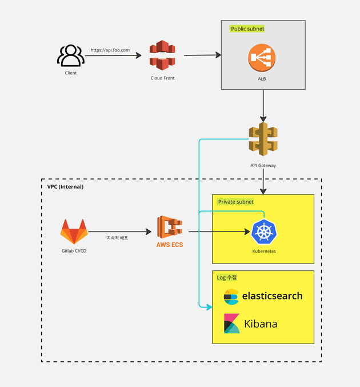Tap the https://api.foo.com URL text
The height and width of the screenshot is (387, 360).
pos(110,50)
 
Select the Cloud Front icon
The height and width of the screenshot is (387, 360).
pos(162,55)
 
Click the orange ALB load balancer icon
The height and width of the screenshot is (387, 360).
pos(262,59)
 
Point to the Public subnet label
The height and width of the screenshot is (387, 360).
pos(247,29)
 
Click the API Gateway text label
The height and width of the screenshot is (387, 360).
pos(263,166)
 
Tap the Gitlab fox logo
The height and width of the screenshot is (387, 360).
pos(74,231)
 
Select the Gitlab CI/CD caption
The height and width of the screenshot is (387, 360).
pos(74,251)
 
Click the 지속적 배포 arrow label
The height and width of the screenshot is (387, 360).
pos(117,237)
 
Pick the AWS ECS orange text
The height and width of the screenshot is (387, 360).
pos(170,245)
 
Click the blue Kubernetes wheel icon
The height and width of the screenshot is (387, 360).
pos(263,232)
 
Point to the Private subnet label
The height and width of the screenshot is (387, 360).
pos(235,202)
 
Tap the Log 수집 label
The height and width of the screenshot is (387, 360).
pos(227,277)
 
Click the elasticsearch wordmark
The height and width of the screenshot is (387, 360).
pos(272,296)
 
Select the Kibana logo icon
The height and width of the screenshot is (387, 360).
pos(232,324)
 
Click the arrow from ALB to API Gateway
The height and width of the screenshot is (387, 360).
pos(262,106)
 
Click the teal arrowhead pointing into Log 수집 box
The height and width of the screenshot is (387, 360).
pos(209,307)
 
